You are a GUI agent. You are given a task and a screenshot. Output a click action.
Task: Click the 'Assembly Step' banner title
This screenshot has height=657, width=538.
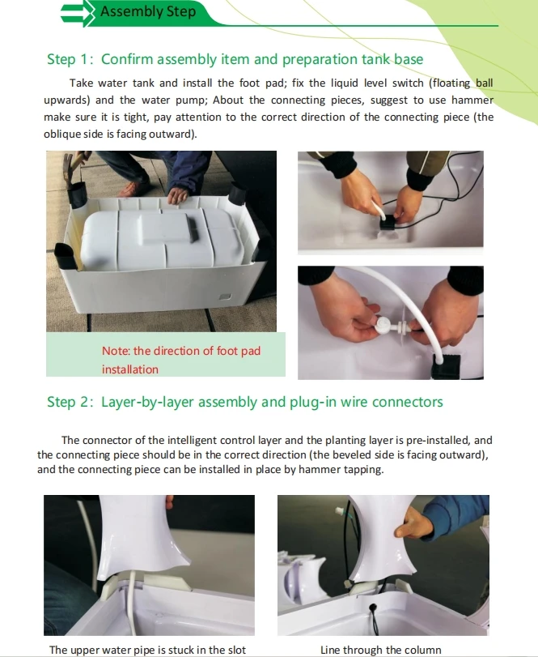point(148,11)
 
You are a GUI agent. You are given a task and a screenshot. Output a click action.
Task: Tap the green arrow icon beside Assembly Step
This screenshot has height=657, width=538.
point(78,14)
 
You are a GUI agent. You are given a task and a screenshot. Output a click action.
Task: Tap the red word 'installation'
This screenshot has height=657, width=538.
point(130,369)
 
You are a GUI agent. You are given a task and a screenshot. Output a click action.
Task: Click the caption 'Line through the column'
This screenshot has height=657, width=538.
point(381,650)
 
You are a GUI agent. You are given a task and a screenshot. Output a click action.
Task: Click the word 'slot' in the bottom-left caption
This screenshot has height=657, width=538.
point(237,650)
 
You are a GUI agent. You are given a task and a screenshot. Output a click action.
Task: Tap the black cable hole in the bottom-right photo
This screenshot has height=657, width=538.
point(372,607)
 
